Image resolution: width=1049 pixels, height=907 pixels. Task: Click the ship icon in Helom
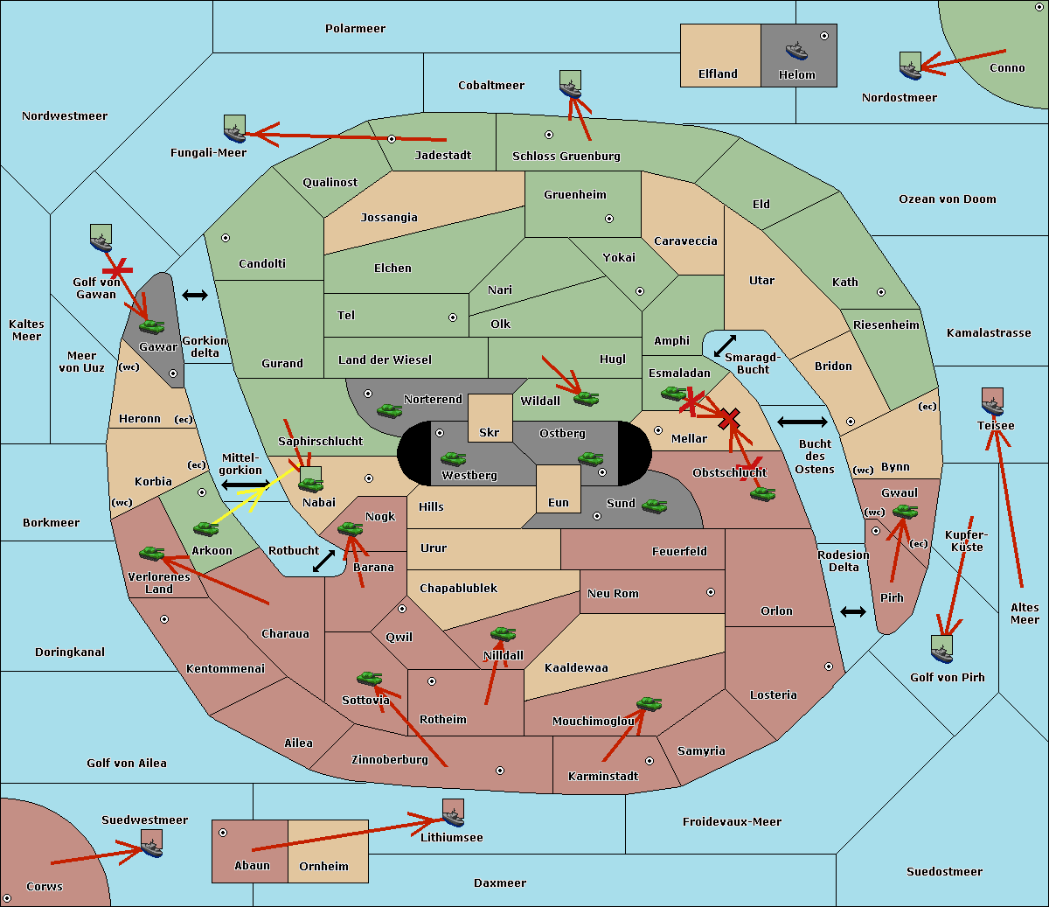796,51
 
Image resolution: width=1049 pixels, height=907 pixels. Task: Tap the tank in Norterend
389,410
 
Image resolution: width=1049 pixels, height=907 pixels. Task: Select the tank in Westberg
453,458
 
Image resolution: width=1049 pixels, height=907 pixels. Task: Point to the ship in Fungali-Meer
234,129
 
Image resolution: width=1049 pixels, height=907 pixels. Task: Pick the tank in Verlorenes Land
152,553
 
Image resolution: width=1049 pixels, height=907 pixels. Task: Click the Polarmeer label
355,29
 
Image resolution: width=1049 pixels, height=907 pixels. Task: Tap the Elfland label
718,74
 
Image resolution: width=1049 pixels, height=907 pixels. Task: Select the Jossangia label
389,218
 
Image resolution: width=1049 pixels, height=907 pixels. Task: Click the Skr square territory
490,418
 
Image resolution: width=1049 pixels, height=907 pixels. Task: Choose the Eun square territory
559,489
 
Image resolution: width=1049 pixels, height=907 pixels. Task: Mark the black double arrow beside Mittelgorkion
246,485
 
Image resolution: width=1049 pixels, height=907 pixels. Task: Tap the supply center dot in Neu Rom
711,592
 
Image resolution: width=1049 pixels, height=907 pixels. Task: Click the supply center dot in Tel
453,317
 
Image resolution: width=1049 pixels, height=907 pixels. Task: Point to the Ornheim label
323,867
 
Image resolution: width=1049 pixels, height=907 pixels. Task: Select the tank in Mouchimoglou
650,704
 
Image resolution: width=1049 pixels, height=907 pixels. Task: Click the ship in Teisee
992,401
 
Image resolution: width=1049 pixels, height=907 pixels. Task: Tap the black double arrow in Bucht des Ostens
802,422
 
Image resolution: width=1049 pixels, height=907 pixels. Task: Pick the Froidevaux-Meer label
732,821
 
